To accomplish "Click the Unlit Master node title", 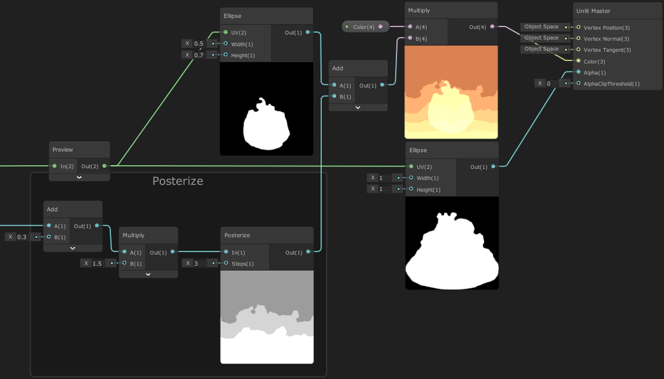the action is coord(593,11).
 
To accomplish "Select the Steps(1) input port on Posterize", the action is coord(226,263).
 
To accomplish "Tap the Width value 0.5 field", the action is coord(199,44).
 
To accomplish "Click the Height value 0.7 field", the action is coord(199,55).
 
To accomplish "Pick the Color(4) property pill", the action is coord(365,26).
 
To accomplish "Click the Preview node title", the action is coord(63,150).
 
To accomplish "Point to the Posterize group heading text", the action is coord(178,181).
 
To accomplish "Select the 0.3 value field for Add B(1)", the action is coord(22,237).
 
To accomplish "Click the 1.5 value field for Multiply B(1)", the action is coord(97,263).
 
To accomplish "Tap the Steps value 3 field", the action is coord(200,263).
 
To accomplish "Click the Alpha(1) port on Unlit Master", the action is coord(578,72).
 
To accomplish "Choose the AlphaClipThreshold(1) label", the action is coord(612,84).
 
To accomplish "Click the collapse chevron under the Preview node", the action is coord(79,177).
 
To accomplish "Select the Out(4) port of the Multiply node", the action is coord(492,26).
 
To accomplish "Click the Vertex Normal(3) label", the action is coord(607,39).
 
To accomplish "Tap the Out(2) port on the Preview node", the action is coord(104,166).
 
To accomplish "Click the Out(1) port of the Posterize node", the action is coord(308,252).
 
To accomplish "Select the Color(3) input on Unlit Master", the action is coord(578,61).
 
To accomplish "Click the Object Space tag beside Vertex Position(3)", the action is coord(541,26).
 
